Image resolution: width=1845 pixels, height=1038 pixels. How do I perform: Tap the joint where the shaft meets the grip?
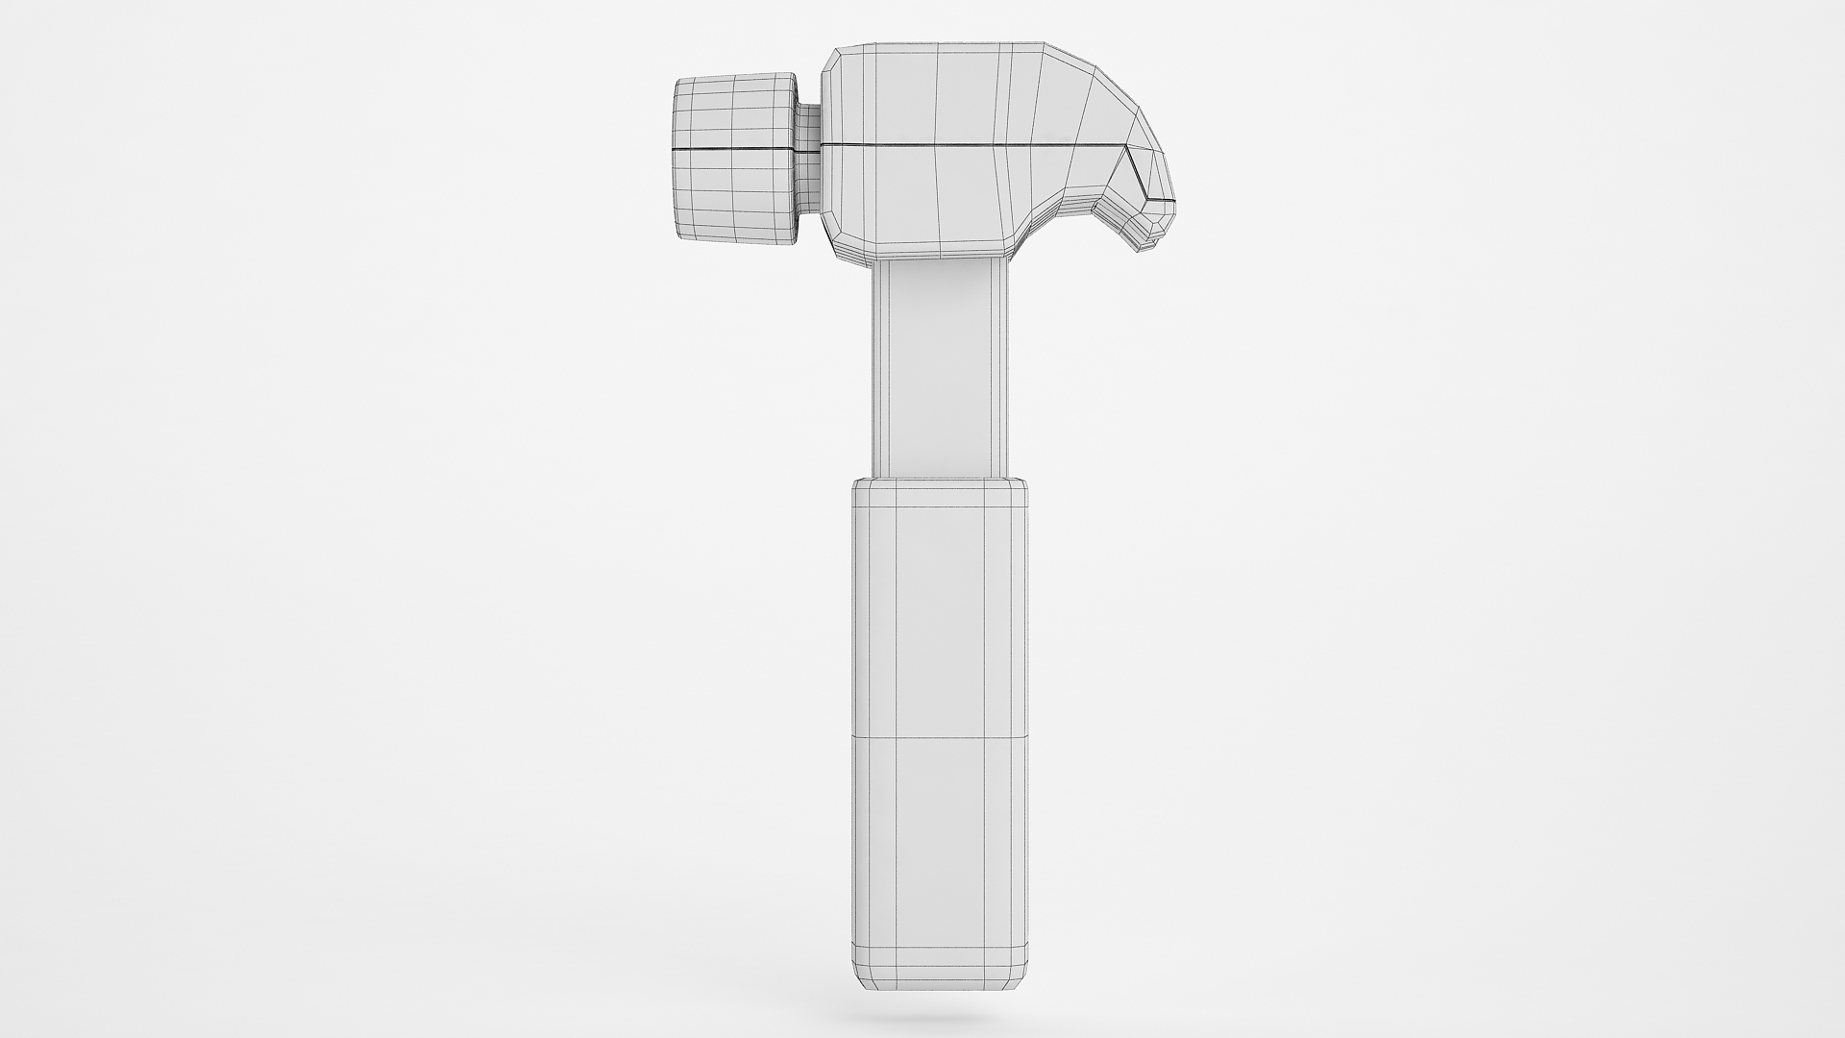click(x=940, y=479)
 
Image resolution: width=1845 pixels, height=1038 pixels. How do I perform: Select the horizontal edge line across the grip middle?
click(x=940, y=737)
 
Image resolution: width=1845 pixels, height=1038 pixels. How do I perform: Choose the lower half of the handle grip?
click(x=940, y=846)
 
